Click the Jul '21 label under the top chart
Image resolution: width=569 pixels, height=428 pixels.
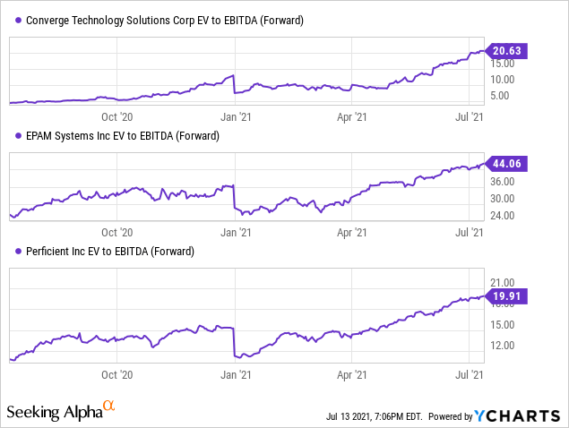click(x=471, y=116)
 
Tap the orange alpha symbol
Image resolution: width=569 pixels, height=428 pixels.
click(x=109, y=407)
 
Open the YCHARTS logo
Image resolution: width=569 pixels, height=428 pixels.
click(x=518, y=415)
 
